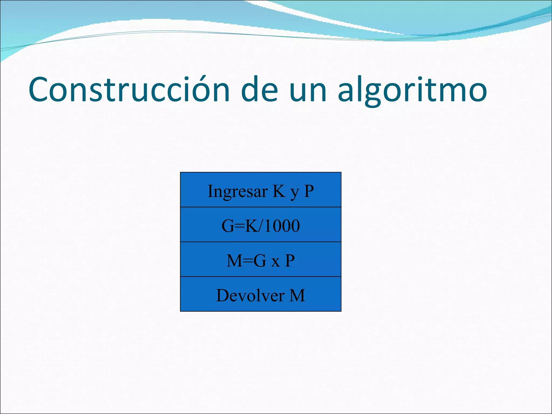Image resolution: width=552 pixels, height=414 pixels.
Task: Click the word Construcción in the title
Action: click(x=129, y=89)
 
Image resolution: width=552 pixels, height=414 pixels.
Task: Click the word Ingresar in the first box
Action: click(x=237, y=192)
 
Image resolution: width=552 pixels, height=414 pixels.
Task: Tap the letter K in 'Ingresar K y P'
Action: click(x=279, y=191)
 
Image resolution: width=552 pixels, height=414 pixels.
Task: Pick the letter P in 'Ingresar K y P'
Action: click(x=309, y=191)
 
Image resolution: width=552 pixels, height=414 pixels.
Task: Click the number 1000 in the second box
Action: click(x=282, y=226)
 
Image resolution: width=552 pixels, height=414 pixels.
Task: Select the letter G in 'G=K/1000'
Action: click(x=228, y=226)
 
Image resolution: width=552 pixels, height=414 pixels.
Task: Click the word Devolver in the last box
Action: click(x=250, y=295)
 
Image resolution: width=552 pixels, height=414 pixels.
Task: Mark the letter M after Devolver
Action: click(x=297, y=295)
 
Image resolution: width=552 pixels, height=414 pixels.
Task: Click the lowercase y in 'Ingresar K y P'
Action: click(x=295, y=192)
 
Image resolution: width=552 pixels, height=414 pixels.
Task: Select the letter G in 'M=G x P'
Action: click(x=260, y=261)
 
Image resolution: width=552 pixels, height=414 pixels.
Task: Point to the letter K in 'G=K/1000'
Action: click(x=251, y=226)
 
